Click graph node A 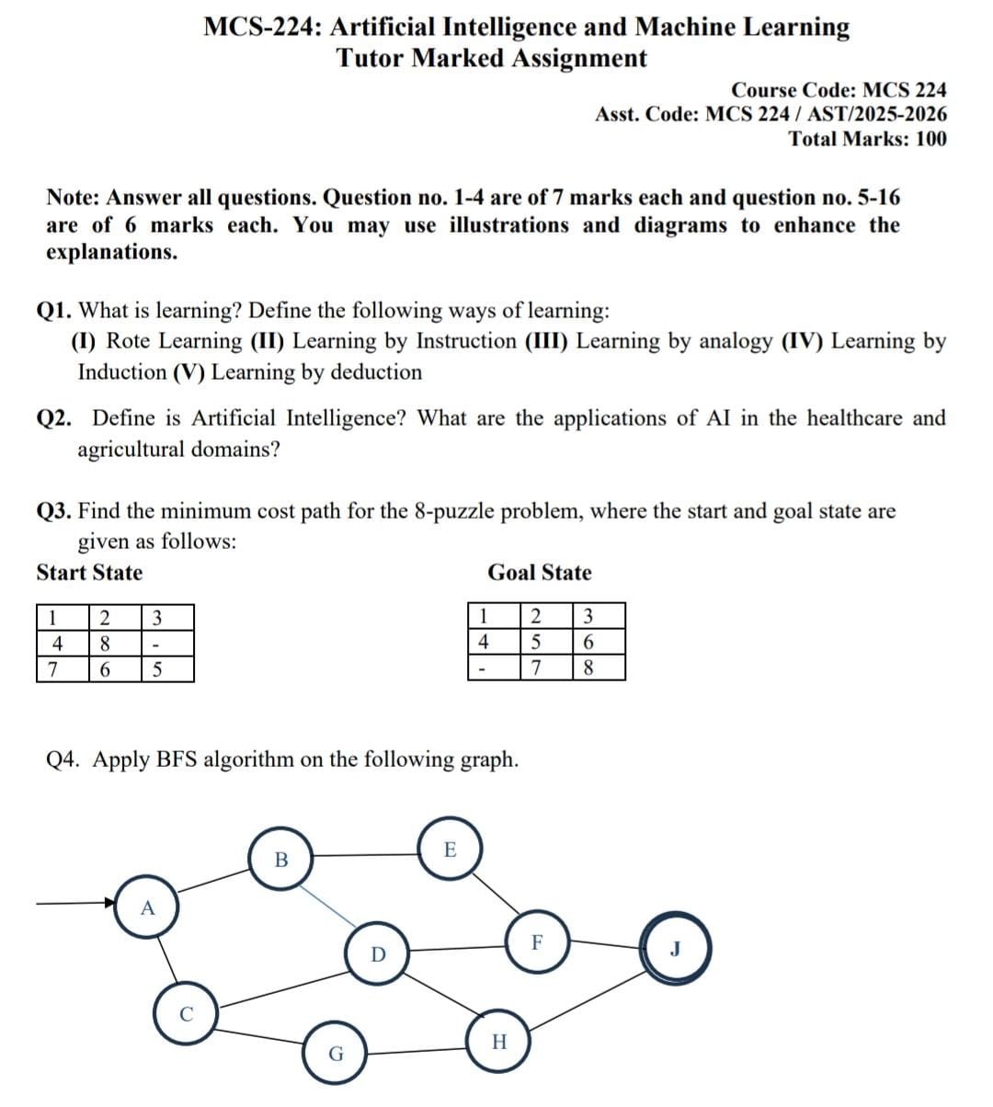pyautogui.click(x=147, y=908)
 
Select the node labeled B pyautogui.click(x=281, y=861)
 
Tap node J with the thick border pyautogui.click(x=676, y=949)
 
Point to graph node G pyautogui.click(x=336, y=1054)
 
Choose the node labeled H pyautogui.click(x=499, y=1042)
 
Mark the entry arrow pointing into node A pyautogui.click(x=77, y=903)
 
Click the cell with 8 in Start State pyautogui.click(x=105, y=642)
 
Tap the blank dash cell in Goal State pyautogui.click(x=482, y=668)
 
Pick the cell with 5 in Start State pyautogui.click(x=156, y=669)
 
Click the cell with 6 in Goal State pyautogui.click(x=588, y=641)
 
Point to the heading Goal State pyautogui.click(x=540, y=573)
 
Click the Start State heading pyautogui.click(x=89, y=573)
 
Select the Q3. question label pyautogui.click(x=54, y=511)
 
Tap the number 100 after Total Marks pyautogui.click(x=930, y=139)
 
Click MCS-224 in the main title pyautogui.click(x=260, y=27)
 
